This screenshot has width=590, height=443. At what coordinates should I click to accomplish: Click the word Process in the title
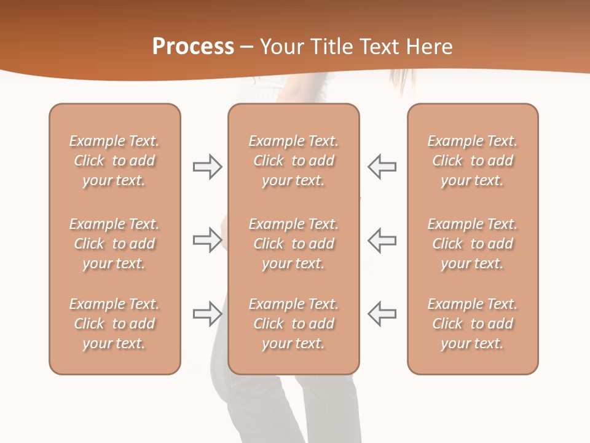193,47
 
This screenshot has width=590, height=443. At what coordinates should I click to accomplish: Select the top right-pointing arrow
207,167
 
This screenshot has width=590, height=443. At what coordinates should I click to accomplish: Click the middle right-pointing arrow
207,240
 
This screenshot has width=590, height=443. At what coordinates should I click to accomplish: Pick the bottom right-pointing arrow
207,314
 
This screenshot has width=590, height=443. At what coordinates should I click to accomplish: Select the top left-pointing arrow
382,167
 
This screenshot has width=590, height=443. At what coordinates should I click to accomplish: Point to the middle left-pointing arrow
382,240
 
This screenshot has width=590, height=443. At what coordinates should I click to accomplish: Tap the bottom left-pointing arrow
382,314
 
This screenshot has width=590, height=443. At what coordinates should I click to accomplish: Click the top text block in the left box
114,161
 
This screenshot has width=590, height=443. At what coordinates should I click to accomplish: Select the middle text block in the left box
114,244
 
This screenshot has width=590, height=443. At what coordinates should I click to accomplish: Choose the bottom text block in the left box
114,324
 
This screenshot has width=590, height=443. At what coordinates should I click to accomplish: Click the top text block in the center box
293,161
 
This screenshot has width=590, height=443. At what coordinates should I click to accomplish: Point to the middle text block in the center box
293,244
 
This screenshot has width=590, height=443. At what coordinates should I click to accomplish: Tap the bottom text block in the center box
293,324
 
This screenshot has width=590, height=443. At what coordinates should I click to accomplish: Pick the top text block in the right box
473,161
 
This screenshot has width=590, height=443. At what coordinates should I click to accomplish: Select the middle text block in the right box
473,244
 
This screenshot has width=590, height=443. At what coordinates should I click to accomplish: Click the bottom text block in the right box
473,324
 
